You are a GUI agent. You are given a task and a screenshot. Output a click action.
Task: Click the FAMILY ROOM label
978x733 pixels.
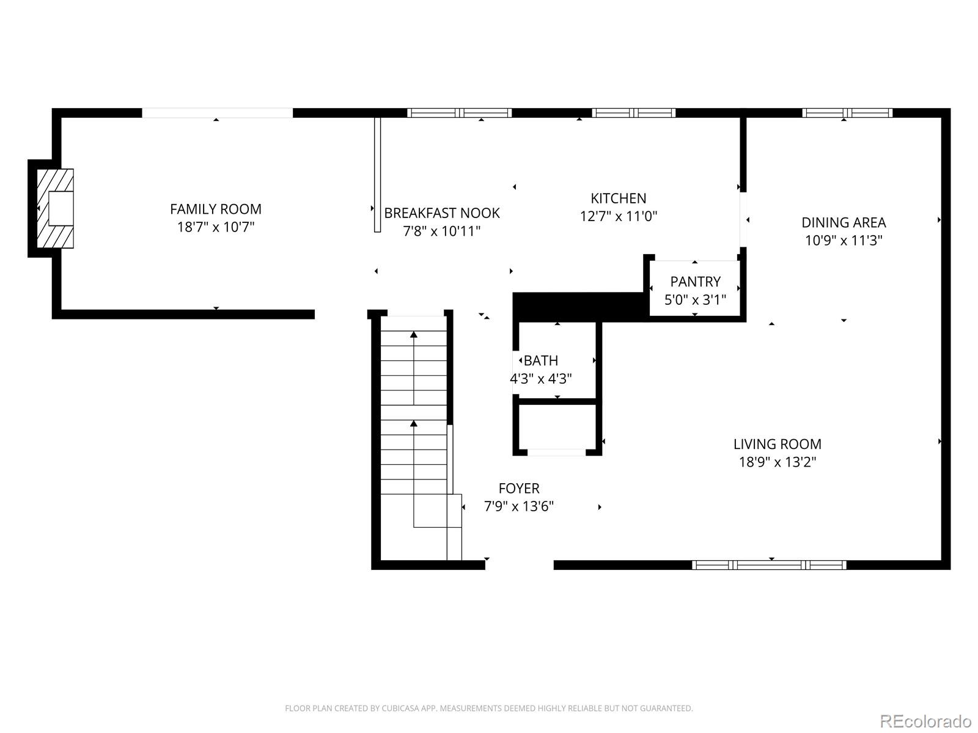pos(216,209)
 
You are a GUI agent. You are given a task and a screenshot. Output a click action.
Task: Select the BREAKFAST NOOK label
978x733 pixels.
pos(441,213)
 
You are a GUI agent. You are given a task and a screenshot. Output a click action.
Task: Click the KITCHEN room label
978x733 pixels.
pos(618,198)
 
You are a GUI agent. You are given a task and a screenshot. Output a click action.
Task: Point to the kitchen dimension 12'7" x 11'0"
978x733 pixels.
pos(618,216)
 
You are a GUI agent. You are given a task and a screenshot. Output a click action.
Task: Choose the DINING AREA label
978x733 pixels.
pos(844,222)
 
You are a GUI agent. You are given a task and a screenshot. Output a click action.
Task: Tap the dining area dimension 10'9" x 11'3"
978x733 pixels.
pos(844,240)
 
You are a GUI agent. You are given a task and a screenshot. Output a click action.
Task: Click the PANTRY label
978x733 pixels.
pos(695,282)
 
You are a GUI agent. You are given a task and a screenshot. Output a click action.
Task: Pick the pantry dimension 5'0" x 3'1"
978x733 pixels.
pos(695,300)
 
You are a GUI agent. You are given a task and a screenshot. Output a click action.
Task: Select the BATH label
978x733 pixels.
pos(541,360)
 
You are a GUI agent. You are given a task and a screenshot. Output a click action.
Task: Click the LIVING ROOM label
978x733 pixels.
pos(778,444)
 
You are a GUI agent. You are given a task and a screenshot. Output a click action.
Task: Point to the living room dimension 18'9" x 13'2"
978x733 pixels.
pos(778,462)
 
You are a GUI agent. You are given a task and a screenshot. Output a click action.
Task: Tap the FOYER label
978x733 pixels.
pos(519,489)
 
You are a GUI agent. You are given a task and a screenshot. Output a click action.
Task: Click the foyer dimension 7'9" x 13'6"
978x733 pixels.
pos(519,506)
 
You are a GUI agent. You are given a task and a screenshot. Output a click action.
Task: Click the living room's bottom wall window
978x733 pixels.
pos(769,565)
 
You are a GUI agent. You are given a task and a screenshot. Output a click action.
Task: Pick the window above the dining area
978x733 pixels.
pos(847,113)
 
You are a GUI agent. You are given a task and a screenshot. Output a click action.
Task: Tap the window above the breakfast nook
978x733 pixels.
pos(460,113)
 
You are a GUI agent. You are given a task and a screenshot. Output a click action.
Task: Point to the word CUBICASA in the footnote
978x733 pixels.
pos(399,709)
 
